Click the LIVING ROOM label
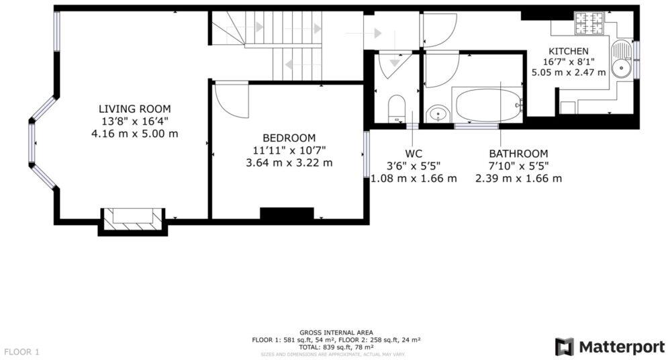point(134,108)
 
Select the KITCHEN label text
point(569,51)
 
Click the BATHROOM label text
point(518,154)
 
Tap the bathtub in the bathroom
point(489,105)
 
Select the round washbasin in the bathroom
point(438,114)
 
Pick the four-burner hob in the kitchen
point(589,23)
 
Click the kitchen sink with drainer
point(621,60)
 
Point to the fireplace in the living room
point(132,219)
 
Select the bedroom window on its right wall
point(367,154)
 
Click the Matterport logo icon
point(564,347)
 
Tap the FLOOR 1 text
point(23,351)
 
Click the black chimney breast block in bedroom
point(287,214)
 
